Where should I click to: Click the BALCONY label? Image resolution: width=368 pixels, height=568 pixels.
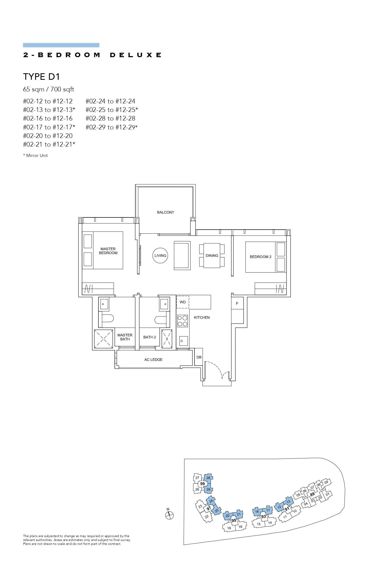pos(165,212)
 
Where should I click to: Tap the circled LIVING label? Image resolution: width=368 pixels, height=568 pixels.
pos(160,255)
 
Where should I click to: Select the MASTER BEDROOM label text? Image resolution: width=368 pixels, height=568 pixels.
pos(108,251)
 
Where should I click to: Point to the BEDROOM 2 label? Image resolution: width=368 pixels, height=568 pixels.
pos(260,257)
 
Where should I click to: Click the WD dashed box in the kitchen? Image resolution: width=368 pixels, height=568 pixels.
pos(183,302)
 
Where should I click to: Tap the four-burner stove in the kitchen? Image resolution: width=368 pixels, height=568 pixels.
pos(183,321)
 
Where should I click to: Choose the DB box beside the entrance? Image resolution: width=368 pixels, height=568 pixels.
pos(199,357)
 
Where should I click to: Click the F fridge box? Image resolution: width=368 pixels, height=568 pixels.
pos(237,303)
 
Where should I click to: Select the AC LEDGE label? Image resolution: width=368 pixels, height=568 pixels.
pos(153,360)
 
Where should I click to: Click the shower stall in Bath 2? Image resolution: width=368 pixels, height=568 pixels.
pos(167,339)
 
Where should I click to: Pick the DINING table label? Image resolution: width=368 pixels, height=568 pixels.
pos(212,256)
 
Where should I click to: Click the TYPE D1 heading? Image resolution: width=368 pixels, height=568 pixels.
pos(42,77)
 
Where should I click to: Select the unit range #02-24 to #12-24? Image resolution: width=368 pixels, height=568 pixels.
pos(110,101)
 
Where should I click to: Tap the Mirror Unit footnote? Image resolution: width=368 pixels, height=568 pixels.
pos(36,155)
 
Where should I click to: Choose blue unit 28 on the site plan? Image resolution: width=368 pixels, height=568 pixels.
pos(208,478)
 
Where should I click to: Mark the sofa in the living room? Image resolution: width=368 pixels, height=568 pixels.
pos(182,255)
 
